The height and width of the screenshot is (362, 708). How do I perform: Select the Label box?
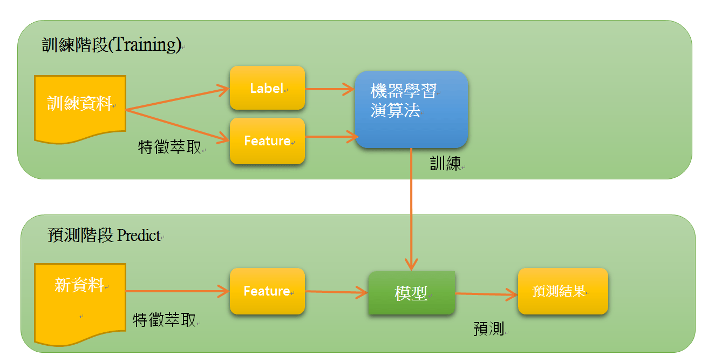tap(267, 88)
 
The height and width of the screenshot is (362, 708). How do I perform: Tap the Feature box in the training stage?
tap(267, 141)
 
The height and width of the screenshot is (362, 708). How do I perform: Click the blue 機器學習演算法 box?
tap(411, 110)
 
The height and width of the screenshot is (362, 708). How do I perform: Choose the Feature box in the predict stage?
tap(267, 291)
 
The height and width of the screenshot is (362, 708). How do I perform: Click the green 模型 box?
tap(411, 293)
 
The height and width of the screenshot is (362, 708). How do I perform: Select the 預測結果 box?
tap(563, 291)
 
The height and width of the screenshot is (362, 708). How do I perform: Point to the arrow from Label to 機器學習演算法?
tap(330, 89)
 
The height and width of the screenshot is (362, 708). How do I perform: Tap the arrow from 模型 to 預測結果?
tap(486, 294)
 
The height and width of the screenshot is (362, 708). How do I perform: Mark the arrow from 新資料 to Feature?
tap(178, 292)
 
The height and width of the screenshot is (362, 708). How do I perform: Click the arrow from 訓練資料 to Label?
tap(178, 99)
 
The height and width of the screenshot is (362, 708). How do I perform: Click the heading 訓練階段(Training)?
tap(112, 45)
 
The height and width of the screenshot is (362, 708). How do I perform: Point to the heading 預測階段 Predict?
tap(105, 236)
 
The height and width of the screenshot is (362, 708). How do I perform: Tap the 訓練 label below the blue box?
tap(446, 164)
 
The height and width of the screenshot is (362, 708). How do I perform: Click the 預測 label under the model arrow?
tap(489, 329)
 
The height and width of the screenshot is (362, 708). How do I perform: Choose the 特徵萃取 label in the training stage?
tap(169, 147)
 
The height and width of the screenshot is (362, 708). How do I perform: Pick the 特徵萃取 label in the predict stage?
tap(165, 320)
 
